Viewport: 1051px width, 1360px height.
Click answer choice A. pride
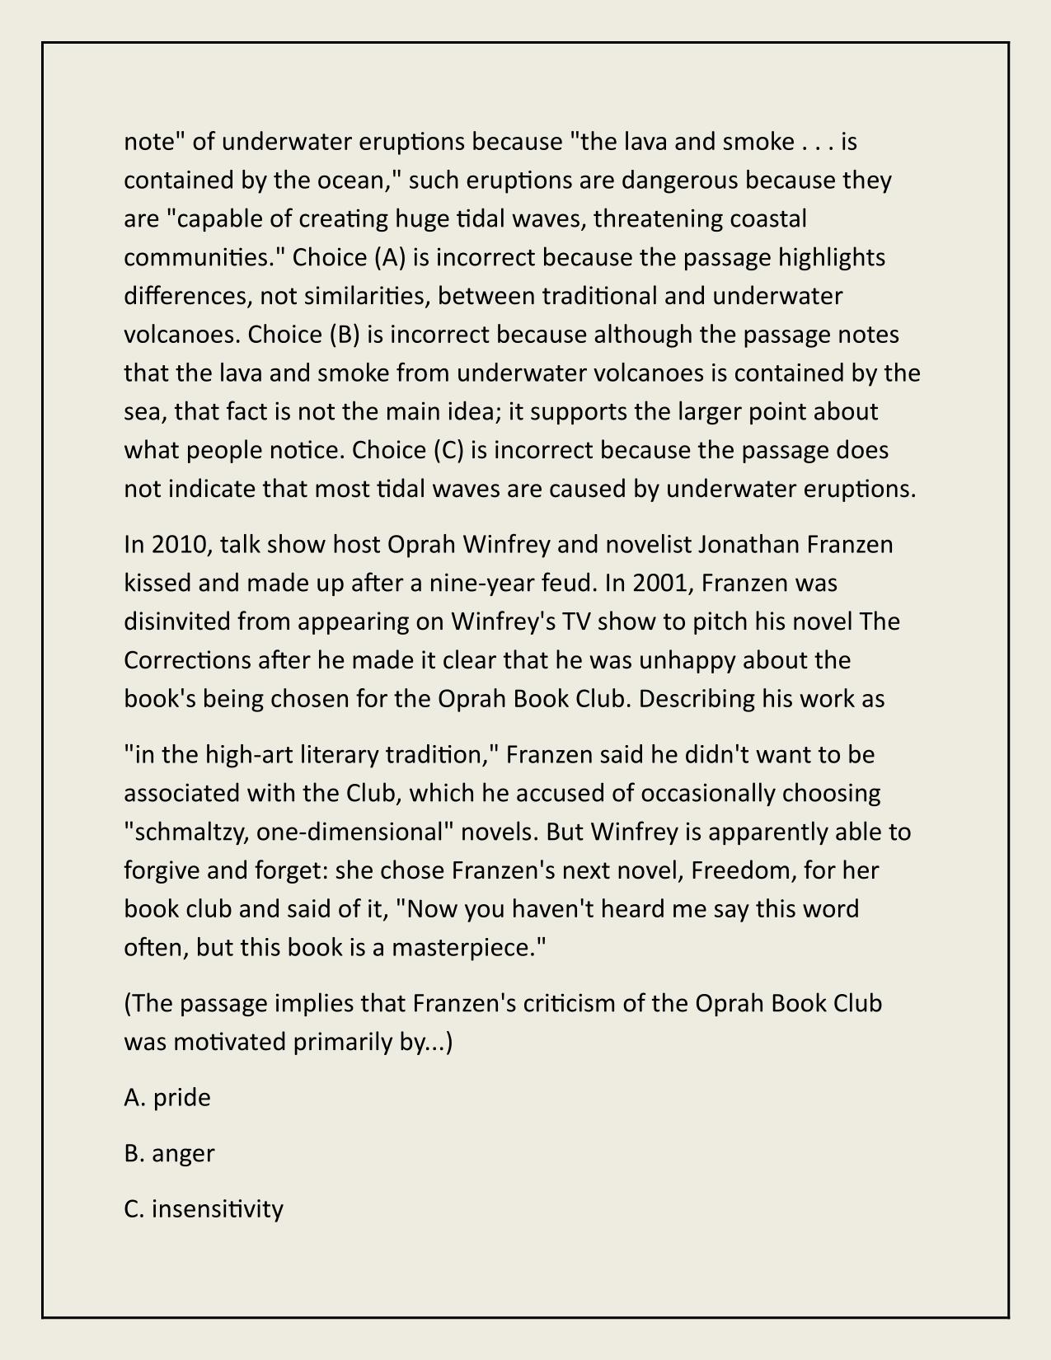167,1097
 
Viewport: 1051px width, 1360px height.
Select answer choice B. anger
169,1153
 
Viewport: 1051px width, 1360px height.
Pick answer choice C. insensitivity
204,1208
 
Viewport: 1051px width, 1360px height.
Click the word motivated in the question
222,1042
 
